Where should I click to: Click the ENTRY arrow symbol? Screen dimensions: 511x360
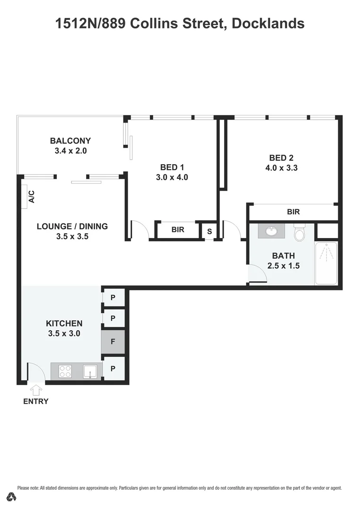(36, 390)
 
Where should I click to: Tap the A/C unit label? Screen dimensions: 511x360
(32, 196)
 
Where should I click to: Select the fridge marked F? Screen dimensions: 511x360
(113, 341)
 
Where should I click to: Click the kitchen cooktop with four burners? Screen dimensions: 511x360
(65, 371)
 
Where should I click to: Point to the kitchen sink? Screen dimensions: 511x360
(90, 371)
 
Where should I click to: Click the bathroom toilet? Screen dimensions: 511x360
(299, 233)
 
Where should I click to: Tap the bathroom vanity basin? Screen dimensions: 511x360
(272, 231)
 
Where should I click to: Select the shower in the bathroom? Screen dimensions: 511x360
(326, 263)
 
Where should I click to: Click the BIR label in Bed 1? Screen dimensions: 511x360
(177, 230)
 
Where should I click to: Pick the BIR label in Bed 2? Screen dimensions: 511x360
(293, 212)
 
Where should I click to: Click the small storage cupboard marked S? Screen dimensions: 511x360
(209, 231)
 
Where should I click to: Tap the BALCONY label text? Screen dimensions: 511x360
(70, 141)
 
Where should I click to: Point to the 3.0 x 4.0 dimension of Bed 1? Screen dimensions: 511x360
(172, 177)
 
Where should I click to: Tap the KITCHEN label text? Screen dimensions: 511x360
(64, 323)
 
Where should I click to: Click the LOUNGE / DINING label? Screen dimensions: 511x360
(72, 226)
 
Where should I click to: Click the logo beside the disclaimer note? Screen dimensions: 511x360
(11, 497)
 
